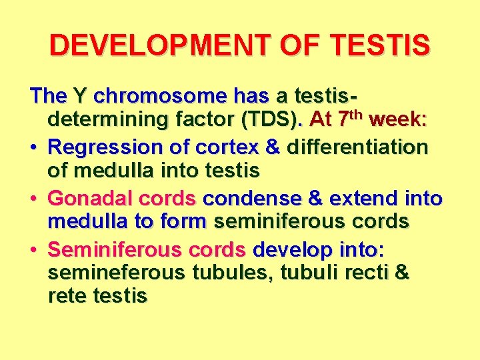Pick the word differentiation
[357, 147]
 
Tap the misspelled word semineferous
[117, 272]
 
